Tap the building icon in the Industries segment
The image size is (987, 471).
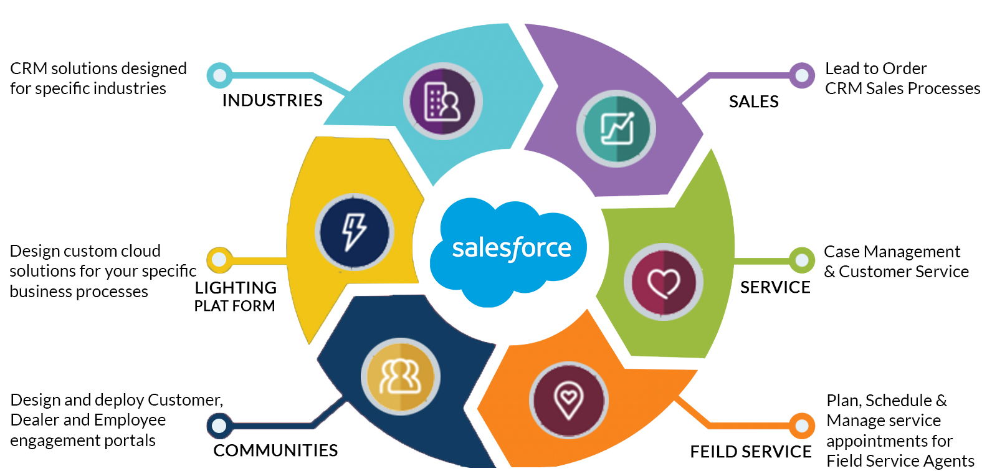pyautogui.click(x=442, y=101)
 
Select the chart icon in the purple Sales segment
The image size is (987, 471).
pyautogui.click(x=616, y=129)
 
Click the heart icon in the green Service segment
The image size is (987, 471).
pyautogui.click(x=664, y=282)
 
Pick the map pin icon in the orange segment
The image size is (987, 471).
pyautogui.click(x=568, y=400)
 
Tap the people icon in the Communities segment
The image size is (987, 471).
pyautogui.click(x=401, y=377)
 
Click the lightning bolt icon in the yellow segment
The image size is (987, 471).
pyautogui.click(x=355, y=232)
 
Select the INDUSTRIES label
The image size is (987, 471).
pyautogui.click(x=272, y=100)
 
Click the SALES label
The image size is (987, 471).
pyautogui.click(x=753, y=102)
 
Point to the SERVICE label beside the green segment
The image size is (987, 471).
pyautogui.click(x=775, y=287)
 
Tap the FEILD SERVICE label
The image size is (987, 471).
pyautogui.click(x=750, y=452)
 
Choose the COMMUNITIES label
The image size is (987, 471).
pyautogui.click(x=275, y=450)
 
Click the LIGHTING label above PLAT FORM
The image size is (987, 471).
pyautogui.click(x=236, y=288)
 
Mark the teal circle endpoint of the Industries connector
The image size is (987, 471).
pyautogui.click(x=219, y=76)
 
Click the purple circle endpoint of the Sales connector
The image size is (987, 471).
pyautogui.click(x=802, y=76)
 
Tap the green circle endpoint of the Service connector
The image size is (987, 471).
pyautogui.click(x=801, y=260)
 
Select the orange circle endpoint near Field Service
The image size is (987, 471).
pyautogui.click(x=801, y=426)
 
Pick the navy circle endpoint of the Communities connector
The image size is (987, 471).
pyautogui.click(x=219, y=426)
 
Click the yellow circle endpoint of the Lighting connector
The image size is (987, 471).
pyautogui.click(x=219, y=260)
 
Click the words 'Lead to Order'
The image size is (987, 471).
pyautogui.click(x=875, y=69)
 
